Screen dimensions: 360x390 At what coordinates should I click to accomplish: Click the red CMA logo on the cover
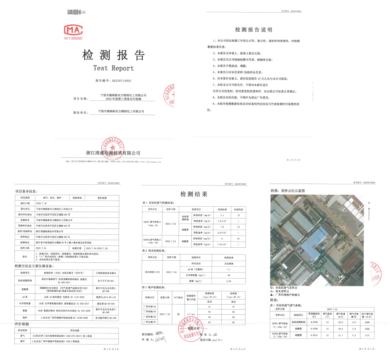pyautogui.click(x=73, y=30)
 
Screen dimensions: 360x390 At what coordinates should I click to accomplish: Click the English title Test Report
pyautogui.click(x=113, y=68)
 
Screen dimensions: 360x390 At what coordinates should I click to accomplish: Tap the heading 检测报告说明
pyautogui.click(x=254, y=30)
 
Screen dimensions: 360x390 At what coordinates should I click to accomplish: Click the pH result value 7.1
pyautogui.click(x=228, y=269)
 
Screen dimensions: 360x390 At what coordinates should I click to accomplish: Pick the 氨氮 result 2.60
pyautogui.click(x=228, y=280)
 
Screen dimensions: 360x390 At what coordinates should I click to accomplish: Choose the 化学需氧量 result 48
pyautogui.click(x=228, y=275)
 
